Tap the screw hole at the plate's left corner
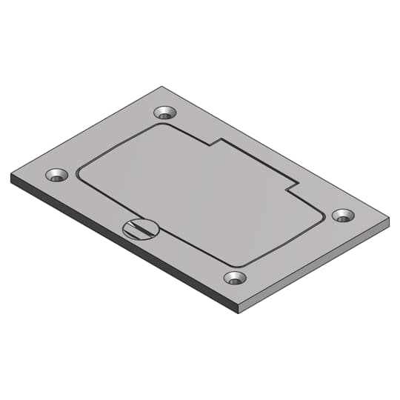56,176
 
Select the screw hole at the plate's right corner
342,215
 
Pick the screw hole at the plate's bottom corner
235,279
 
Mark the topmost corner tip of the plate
161,87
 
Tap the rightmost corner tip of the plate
389,220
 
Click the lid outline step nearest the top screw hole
214,142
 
